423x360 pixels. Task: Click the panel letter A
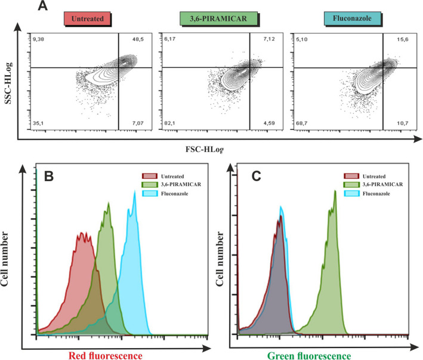tap(42, 7)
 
